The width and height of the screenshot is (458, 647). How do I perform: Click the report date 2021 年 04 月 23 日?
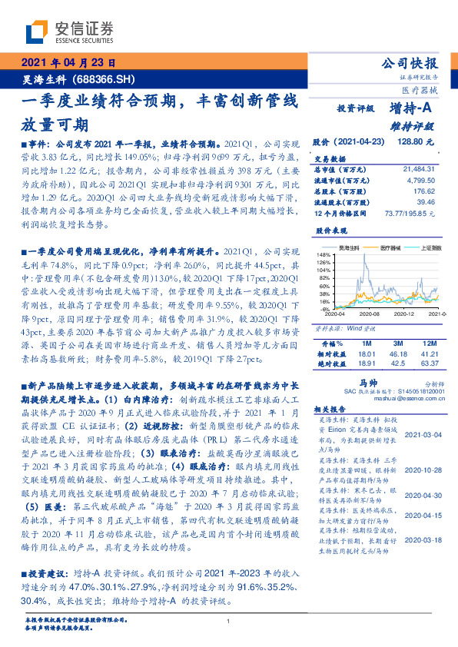click(x=69, y=64)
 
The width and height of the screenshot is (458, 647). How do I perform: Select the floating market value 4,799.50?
click(x=418, y=178)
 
